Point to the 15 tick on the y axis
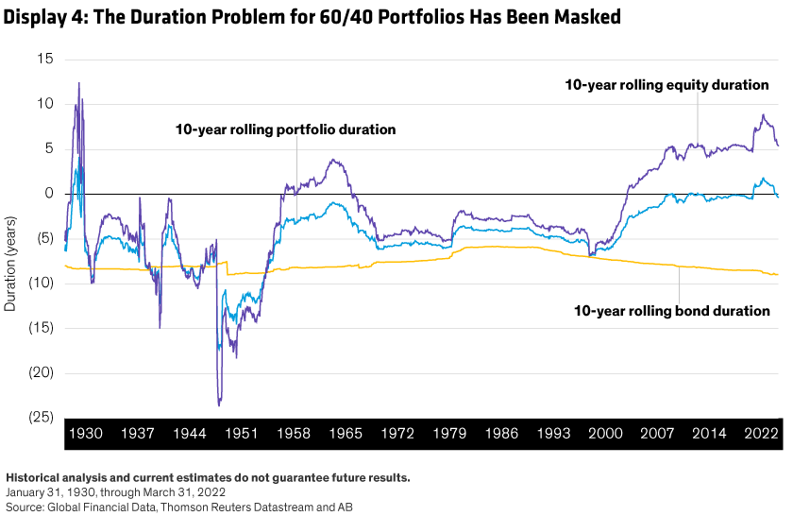coord(45,59)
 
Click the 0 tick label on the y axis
coord(49,193)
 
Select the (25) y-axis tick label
coord(42,417)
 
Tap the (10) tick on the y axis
coord(42,283)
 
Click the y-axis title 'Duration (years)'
coord(10,264)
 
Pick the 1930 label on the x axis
coord(86,434)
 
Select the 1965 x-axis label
coord(346,434)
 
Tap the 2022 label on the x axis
coord(761,434)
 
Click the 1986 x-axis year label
coord(501,434)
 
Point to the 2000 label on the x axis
coord(605,434)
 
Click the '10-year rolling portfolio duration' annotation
coord(285,129)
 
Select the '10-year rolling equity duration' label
coord(666,85)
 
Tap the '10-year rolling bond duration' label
coord(671,310)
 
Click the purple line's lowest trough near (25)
coord(219,404)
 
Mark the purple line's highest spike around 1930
coord(79,83)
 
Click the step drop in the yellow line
coord(228,267)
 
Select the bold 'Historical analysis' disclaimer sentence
coord(208,477)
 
